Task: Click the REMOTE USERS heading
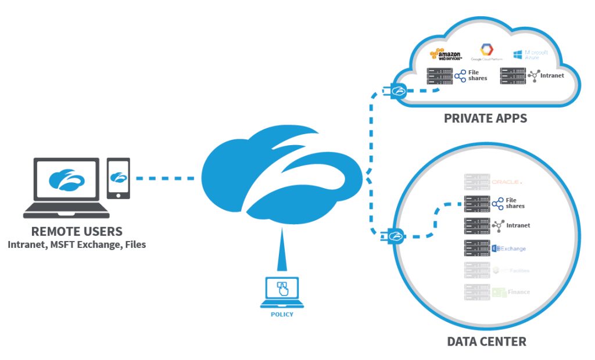click(77, 231)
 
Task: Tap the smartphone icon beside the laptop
click(119, 178)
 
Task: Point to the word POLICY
click(282, 314)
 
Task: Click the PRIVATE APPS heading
click(485, 118)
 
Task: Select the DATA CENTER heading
click(486, 341)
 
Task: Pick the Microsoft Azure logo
click(528, 55)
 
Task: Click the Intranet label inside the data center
click(517, 225)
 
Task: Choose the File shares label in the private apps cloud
click(478, 75)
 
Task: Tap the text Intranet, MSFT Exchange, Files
click(77, 244)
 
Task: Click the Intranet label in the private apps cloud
click(551, 75)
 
